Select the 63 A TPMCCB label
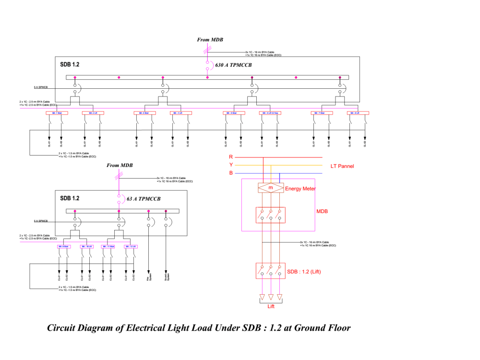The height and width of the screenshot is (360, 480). click(x=144, y=199)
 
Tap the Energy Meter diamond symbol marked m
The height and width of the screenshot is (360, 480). click(x=270, y=188)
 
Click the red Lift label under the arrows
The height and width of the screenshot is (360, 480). click(x=271, y=306)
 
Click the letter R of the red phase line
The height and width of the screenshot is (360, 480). click(x=231, y=157)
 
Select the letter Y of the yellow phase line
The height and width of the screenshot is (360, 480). click(x=231, y=165)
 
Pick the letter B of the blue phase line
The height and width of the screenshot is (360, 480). click(x=231, y=173)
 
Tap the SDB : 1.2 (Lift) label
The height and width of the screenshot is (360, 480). click(x=304, y=272)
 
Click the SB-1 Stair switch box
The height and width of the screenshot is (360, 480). click(x=56, y=113)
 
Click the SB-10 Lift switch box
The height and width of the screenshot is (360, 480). click(x=86, y=246)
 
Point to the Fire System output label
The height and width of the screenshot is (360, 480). click(x=149, y=277)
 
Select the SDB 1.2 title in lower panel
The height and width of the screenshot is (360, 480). click(x=70, y=198)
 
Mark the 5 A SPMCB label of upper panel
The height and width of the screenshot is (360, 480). click(x=41, y=88)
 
